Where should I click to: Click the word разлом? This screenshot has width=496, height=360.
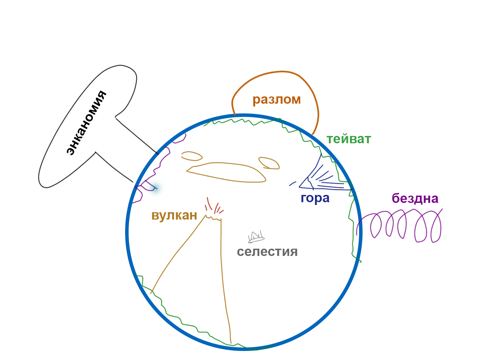[276, 100]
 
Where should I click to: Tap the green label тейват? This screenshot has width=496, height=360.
[349, 139]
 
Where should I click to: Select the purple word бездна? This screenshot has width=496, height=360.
[415, 198]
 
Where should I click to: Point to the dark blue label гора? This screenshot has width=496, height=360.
[315, 198]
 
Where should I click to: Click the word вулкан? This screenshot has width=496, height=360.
[174, 215]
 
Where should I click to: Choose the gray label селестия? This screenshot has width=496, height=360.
[267, 252]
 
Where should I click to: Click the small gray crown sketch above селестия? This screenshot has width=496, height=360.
[256, 237]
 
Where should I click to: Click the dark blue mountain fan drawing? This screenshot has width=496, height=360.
[322, 177]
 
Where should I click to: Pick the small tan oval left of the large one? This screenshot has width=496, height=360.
[191, 156]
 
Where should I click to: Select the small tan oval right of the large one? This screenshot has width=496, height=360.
[269, 163]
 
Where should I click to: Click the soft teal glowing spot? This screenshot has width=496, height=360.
[155, 188]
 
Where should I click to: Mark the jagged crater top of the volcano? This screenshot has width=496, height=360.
[213, 218]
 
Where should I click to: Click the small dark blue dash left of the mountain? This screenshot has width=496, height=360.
[293, 183]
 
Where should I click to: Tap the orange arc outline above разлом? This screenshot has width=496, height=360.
[274, 72]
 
